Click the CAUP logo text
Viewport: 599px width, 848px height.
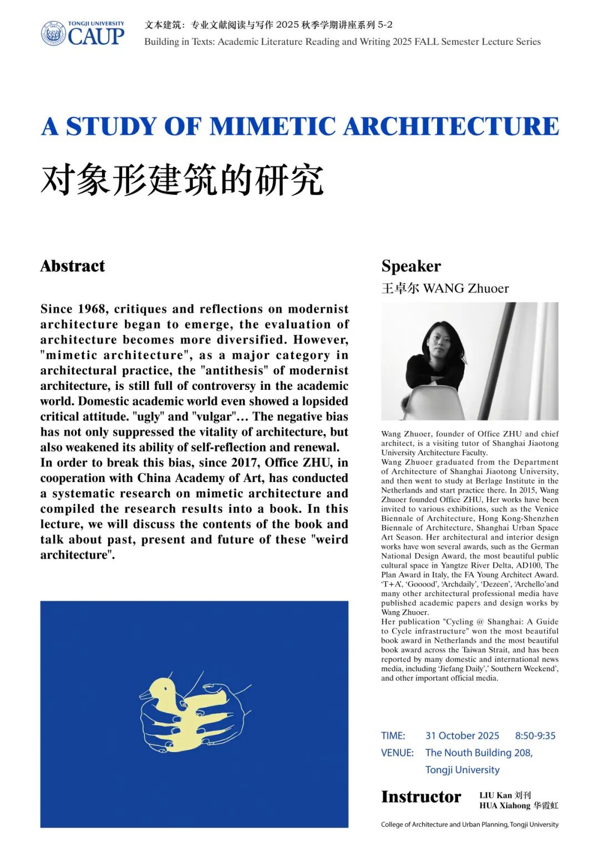click(96, 37)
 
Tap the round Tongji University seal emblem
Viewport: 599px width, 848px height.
click(53, 33)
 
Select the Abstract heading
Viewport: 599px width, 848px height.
click(73, 266)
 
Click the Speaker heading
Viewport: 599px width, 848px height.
click(411, 266)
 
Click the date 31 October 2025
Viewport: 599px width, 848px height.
click(462, 736)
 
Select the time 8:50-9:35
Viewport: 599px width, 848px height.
click(535, 736)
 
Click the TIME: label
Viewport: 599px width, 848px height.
click(393, 736)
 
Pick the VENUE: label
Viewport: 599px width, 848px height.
click(397, 753)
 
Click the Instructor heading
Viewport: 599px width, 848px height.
click(421, 797)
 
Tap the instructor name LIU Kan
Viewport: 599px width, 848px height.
click(495, 795)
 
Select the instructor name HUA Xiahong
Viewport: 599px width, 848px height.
click(505, 806)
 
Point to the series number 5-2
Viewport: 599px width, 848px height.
click(385, 25)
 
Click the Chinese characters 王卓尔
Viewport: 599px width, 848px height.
click(400, 288)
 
